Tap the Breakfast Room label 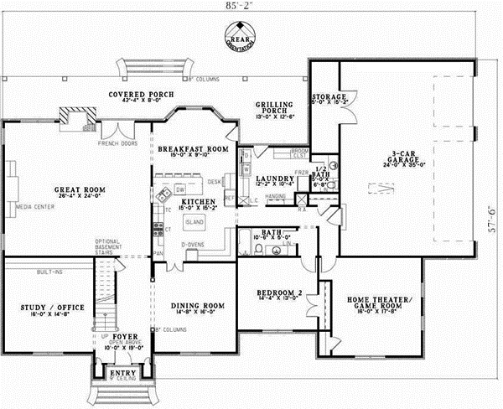(x=194, y=148)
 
